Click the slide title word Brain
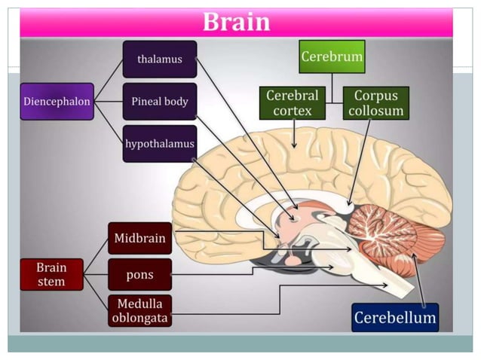(x=236, y=22)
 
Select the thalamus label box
(x=159, y=59)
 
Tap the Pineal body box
(x=159, y=101)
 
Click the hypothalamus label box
(x=159, y=143)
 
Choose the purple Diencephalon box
(x=57, y=101)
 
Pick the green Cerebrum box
(x=331, y=57)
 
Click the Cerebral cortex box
(x=293, y=103)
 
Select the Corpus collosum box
(x=375, y=103)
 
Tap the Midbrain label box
(x=139, y=238)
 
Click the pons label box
(x=139, y=274)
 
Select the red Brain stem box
(x=51, y=274)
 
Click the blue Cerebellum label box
(x=394, y=318)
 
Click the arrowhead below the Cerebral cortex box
(x=293, y=142)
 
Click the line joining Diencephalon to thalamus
(x=109, y=80)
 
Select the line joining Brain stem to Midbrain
(x=96, y=256)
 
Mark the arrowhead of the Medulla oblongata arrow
(x=385, y=285)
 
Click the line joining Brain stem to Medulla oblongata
(x=96, y=293)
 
